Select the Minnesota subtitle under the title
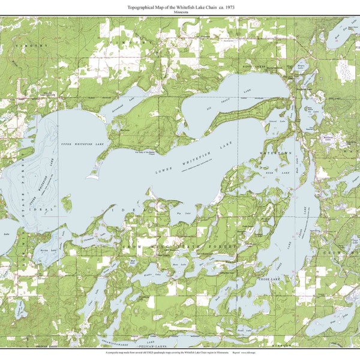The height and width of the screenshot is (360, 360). pos(180,11)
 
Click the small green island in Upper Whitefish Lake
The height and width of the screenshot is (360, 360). pos(66,205)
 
